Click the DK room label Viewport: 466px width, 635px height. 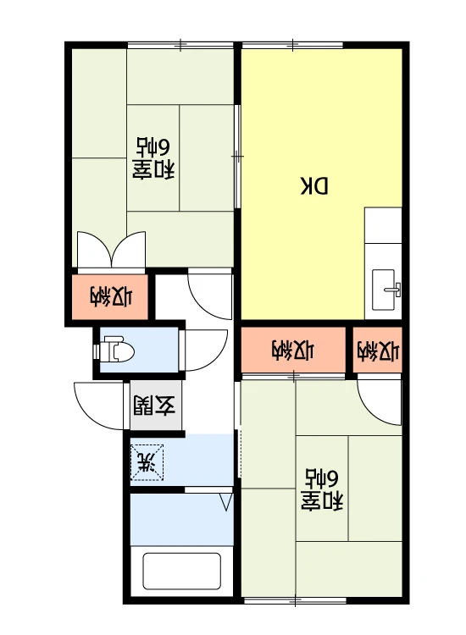[314, 185]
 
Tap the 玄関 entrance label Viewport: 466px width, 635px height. [154, 406]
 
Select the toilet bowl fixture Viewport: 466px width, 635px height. [119, 349]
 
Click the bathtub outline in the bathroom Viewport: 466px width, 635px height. [181, 571]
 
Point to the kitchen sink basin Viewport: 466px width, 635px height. [383, 290]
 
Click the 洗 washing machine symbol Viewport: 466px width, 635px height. [147, 462]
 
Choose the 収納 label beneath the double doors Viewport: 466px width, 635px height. [111, 296]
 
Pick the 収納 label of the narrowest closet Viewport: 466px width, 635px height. [378, 351]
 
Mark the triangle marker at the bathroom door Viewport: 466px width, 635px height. [226, 502]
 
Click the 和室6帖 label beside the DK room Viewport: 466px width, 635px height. [153, 158]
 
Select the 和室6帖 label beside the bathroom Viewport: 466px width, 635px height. [322, 489]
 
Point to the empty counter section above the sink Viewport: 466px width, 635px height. [383, 225]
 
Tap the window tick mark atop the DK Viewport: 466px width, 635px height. [292, 45]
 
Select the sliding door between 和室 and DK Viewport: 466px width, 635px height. [238, 157]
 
